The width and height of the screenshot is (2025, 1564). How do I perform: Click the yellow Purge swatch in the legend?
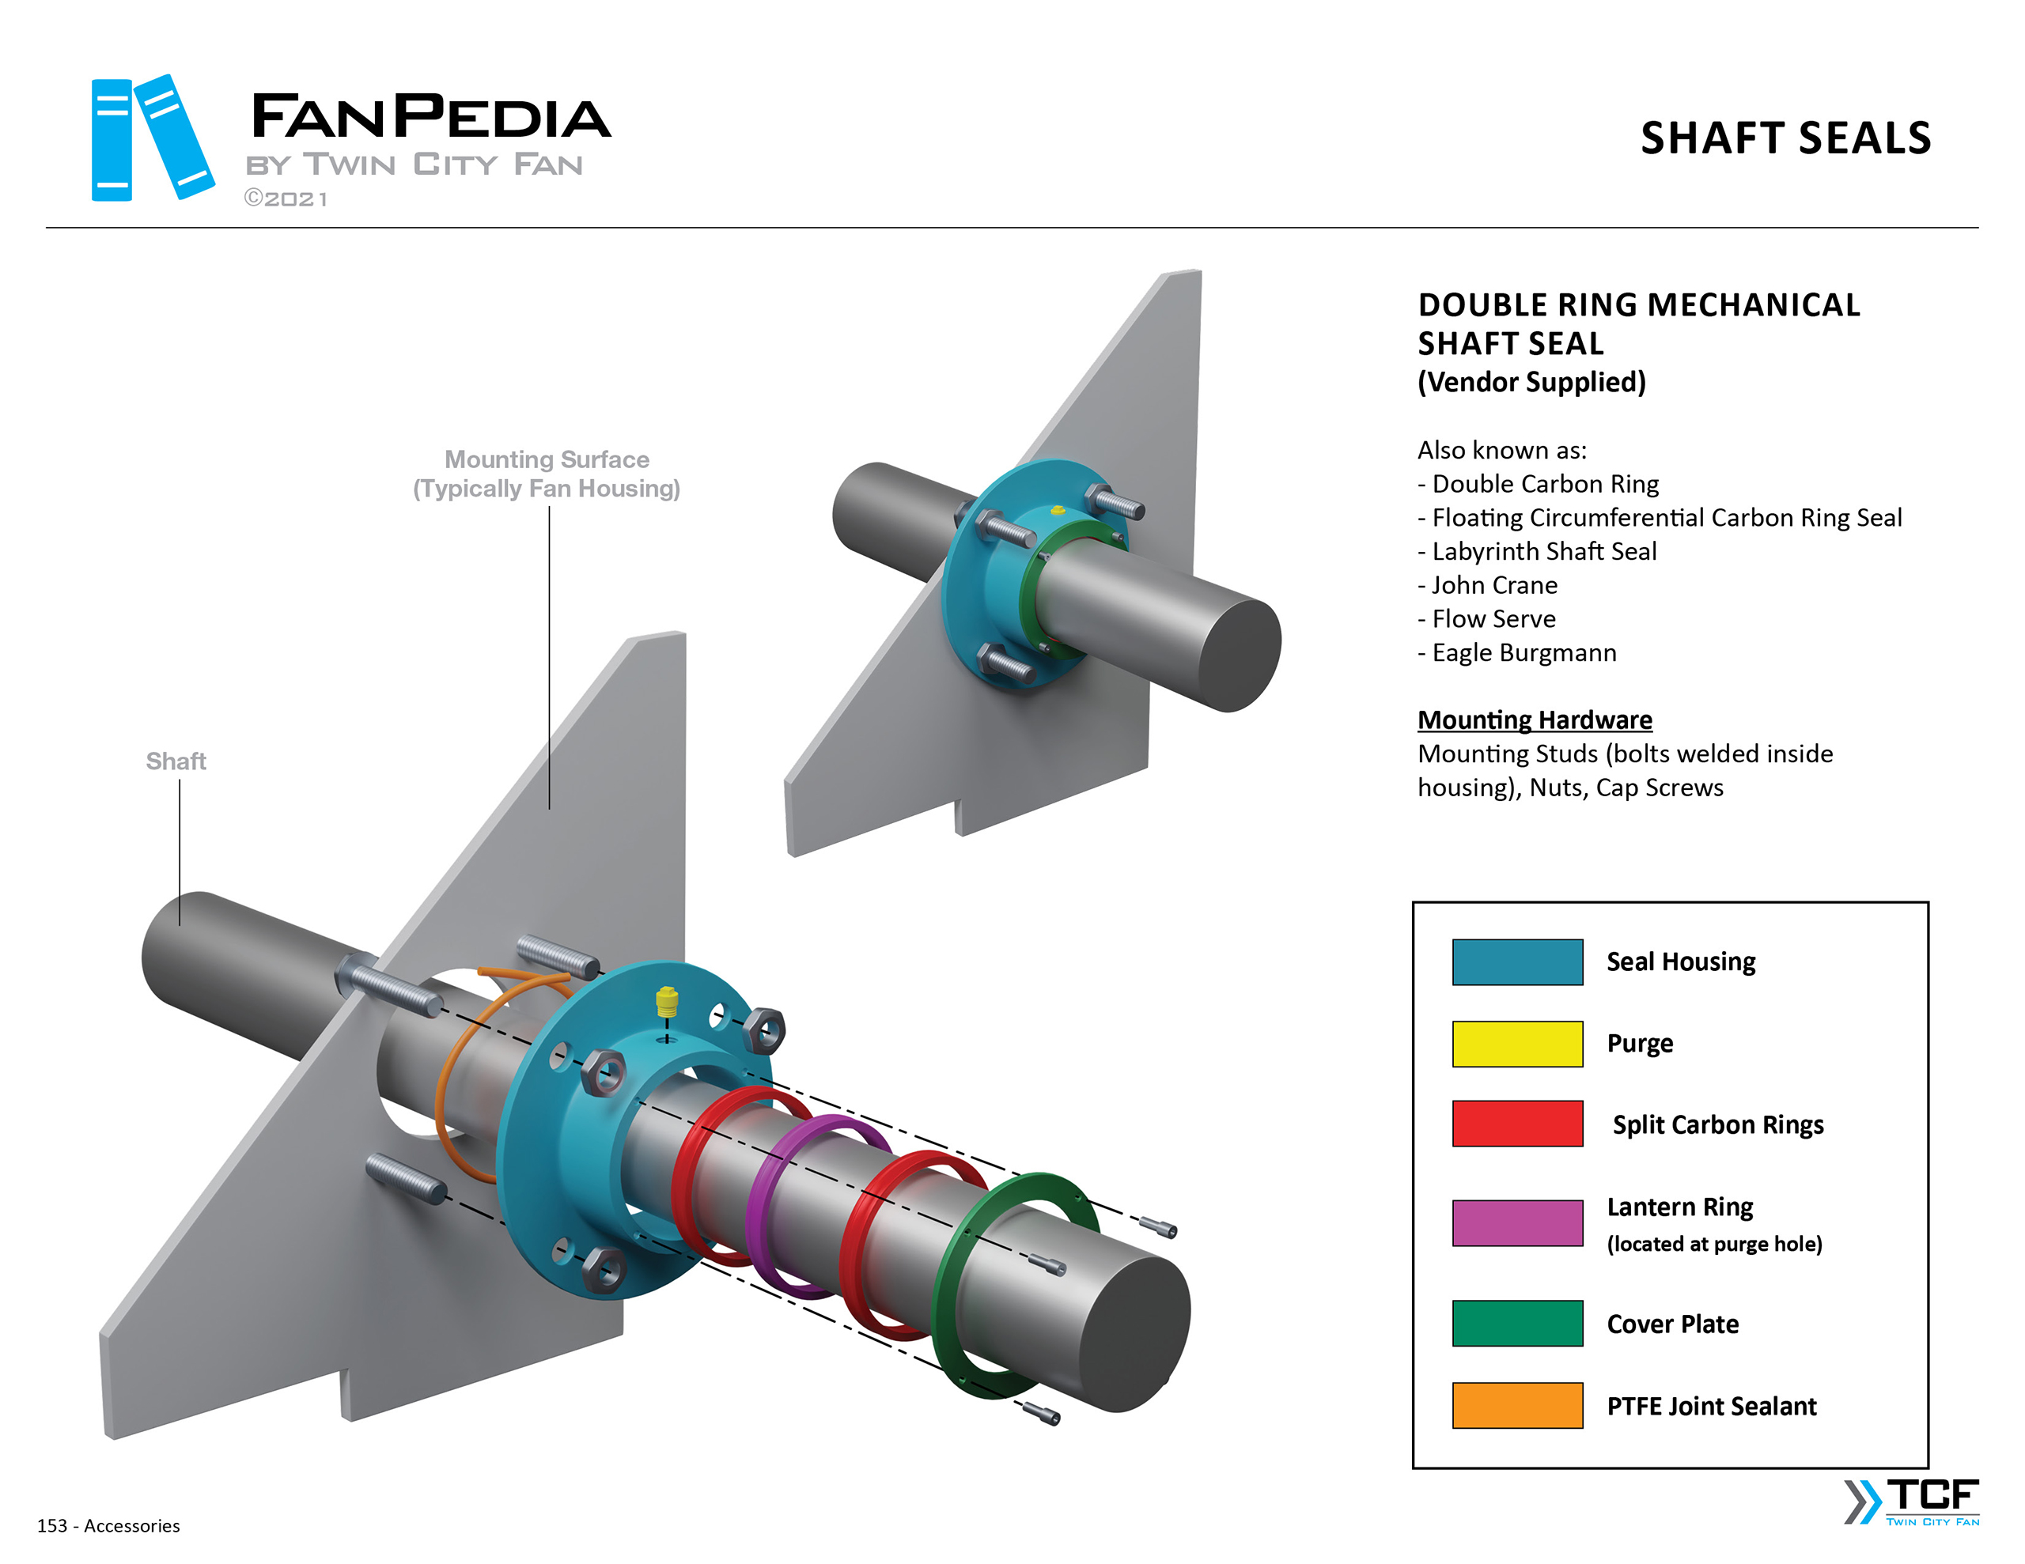1517,1044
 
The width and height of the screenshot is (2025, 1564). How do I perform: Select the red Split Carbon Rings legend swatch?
1517,1124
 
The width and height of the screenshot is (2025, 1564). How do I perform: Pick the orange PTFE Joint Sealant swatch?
1517,1406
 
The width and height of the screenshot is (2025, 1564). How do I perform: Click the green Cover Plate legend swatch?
1517,1323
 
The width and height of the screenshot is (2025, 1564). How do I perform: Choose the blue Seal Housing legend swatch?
1517,962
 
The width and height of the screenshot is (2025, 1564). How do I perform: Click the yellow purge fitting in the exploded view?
667,1001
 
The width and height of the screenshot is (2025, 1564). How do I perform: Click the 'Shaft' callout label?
176,761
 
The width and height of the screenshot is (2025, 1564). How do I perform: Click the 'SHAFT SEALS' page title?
1785,138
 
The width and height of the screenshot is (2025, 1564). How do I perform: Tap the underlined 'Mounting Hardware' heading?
1535,720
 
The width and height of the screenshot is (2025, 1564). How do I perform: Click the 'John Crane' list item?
1493,585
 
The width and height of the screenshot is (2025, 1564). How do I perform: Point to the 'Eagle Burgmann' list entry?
1523,652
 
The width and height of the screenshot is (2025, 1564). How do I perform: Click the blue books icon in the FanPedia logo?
152,138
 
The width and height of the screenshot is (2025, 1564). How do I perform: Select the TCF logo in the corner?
1912,1502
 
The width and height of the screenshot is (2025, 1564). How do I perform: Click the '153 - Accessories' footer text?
108,1525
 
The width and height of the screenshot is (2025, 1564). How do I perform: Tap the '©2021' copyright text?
286,198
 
